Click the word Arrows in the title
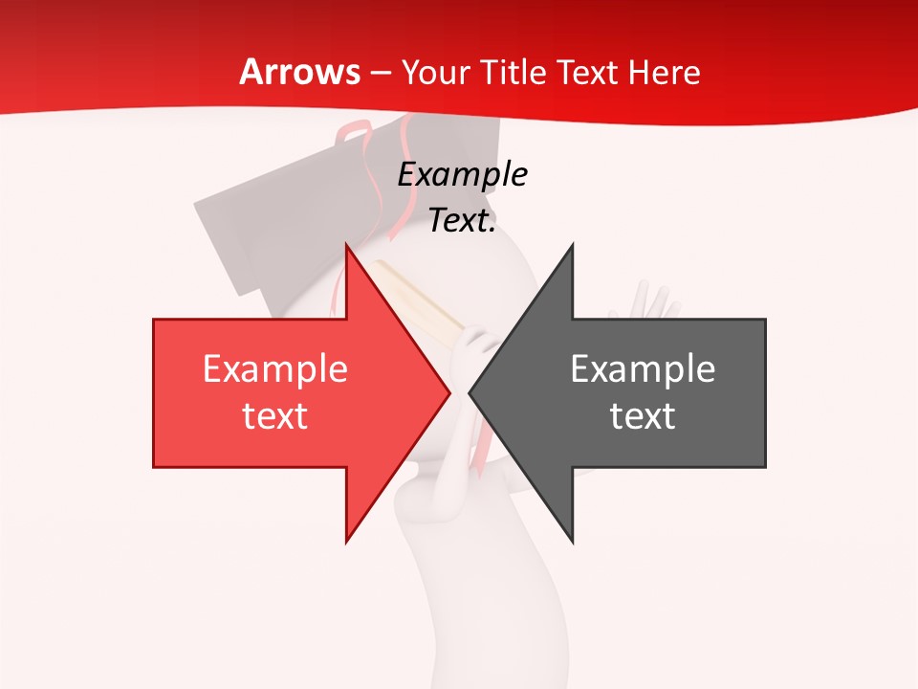(300, 72)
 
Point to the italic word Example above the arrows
(462, 175)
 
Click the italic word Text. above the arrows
(462, 221)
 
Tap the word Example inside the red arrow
(275, 369)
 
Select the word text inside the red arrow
(275, 416)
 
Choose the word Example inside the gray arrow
(643, 369)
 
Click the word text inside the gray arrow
(643, 416)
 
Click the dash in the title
(382, 74)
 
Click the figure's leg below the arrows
(440, 593)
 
